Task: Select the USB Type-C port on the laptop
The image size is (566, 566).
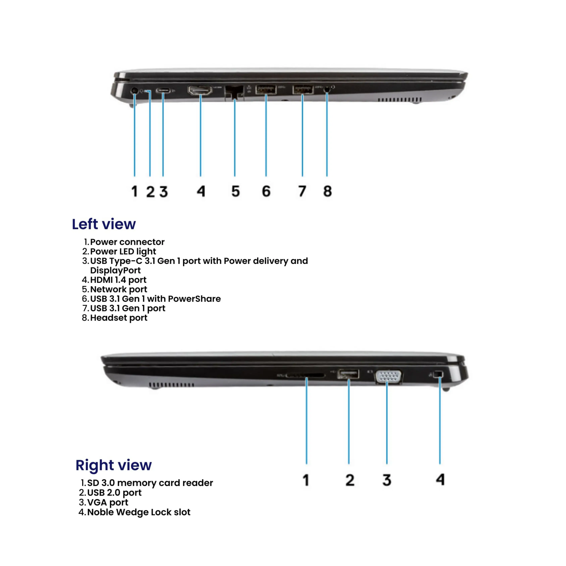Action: coord(163,91)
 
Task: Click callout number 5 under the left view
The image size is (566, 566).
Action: coord(236,191)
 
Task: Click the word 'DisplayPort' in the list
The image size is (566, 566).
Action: coord(115,270)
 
